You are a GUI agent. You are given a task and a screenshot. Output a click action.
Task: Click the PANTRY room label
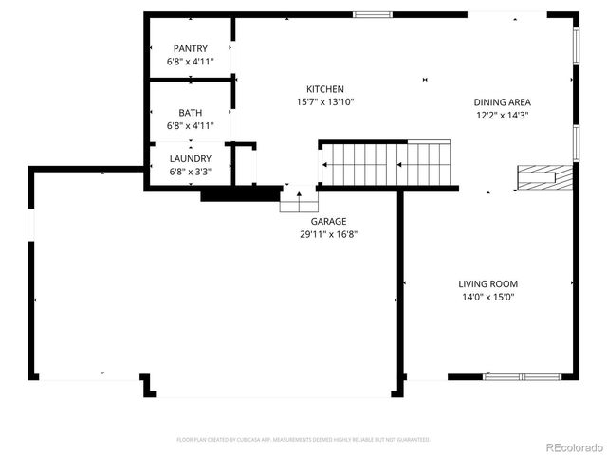click(x=191, y=48)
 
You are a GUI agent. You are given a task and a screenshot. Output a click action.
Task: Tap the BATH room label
click(x=191, y=113)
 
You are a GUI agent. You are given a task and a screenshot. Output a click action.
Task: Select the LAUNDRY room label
click(x=191, y=158)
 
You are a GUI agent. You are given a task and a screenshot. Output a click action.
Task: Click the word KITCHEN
click(x=324, y=89)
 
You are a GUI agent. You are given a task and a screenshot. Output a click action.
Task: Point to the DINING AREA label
click(x=503, y=102)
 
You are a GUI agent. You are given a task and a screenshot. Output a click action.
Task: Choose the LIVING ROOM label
click(x=488, y=283)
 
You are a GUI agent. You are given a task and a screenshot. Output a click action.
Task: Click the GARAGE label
click(x=328, y=221)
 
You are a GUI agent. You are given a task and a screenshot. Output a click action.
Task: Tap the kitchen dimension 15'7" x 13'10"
click(x=324, y=101)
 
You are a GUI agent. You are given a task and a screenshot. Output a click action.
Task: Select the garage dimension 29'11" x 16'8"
click(x=328, y=233)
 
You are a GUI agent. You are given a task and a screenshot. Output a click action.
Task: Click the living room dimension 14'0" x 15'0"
click(x=488, y=297)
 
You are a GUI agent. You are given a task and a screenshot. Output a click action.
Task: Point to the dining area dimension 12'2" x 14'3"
click(x=503, y=115)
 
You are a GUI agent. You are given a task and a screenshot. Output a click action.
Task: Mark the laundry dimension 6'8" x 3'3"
click(x=191, y=172)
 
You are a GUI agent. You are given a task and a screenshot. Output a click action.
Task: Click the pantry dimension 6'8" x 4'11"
click(x=191, y=62)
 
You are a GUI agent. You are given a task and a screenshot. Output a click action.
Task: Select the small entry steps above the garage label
click(x=299, y=200)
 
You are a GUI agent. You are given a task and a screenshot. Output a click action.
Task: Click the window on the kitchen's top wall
click(x=372, y=14)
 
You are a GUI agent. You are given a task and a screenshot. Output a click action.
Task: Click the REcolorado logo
click(x=572, y=446)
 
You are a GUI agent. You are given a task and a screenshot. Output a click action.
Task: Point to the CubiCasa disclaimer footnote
click(x=303, y=439)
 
